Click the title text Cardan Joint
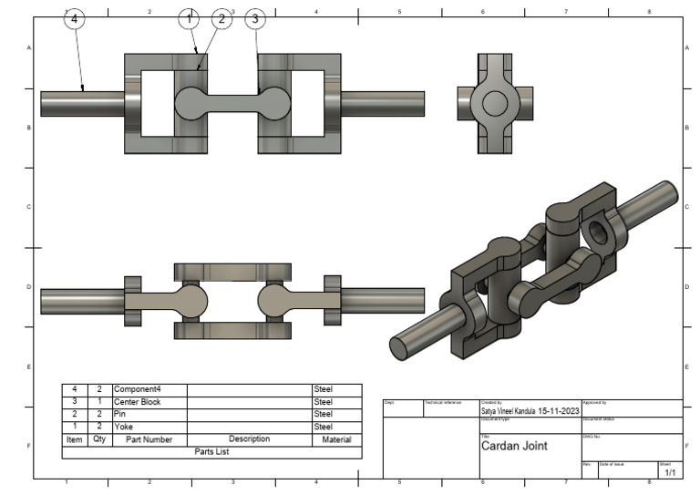(514, 447)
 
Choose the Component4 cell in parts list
(137, 389)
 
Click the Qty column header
(98, 438)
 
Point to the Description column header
(249, 438)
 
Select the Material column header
(336, 438)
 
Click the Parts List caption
(211, 450)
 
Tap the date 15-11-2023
(559, 411)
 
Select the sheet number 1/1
(670, 472)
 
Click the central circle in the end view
(493, 104)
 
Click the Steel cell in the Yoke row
(324, 426)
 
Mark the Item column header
(74, 438)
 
